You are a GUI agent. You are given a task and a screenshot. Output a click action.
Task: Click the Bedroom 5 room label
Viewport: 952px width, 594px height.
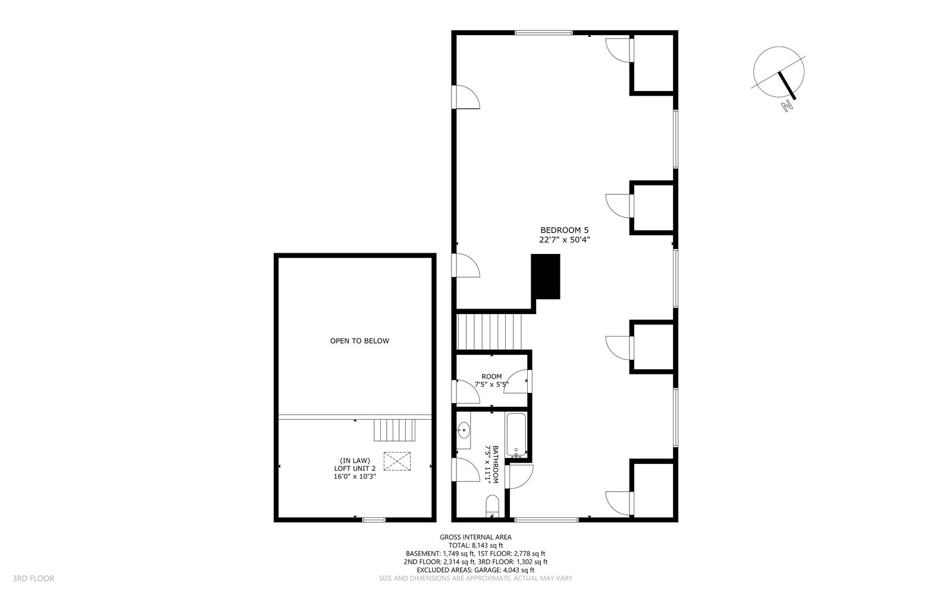(565, 230)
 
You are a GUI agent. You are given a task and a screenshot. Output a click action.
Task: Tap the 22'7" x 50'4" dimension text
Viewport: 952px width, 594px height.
(565, 240)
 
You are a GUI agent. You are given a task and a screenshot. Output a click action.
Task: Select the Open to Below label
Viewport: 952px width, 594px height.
(359, 341)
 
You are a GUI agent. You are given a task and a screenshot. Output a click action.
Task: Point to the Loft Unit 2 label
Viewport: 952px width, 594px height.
(355, 469)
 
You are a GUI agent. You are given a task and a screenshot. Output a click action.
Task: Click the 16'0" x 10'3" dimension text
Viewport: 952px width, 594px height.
(355, 477)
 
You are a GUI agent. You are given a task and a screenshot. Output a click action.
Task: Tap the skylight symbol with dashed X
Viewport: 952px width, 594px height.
(397, 461)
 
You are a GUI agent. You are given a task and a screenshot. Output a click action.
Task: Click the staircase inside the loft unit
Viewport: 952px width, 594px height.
(394, 430)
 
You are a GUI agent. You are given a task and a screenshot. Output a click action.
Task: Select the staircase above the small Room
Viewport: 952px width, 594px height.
(489, 332)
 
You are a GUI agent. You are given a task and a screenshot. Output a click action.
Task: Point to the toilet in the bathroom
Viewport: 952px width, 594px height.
(493, 505)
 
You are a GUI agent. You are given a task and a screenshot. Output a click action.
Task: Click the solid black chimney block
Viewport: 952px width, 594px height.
(546, 276)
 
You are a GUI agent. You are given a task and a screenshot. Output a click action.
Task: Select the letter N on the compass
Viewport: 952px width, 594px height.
(788, 105)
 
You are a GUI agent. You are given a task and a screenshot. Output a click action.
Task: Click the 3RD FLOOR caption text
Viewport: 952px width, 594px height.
(33, 579)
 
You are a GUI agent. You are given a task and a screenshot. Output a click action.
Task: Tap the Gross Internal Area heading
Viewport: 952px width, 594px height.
(475, 537)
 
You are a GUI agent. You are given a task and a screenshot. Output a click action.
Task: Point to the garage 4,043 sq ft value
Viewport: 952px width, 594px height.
(518, 570)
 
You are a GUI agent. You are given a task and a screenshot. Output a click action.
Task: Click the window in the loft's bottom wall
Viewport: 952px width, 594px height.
(374, 519)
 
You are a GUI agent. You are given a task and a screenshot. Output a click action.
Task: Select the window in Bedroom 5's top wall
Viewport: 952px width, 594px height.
(544, 33)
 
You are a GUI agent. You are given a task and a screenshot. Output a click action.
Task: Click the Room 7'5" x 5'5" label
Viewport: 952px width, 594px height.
(491, 381)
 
